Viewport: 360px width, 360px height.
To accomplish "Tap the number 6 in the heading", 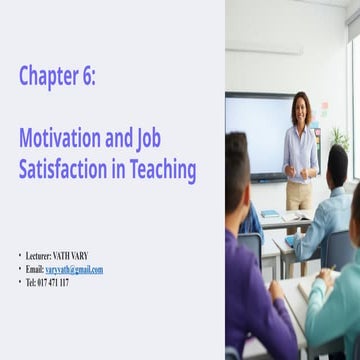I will pyautogui.click(x=89, y=76).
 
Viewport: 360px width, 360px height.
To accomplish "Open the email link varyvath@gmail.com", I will pyautogui.click(x=74, y=269).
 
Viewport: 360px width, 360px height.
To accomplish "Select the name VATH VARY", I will pyautogui.click(x=70, y=256).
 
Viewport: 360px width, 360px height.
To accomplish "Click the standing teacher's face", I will pyautogui.click(x=300, y=107).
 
